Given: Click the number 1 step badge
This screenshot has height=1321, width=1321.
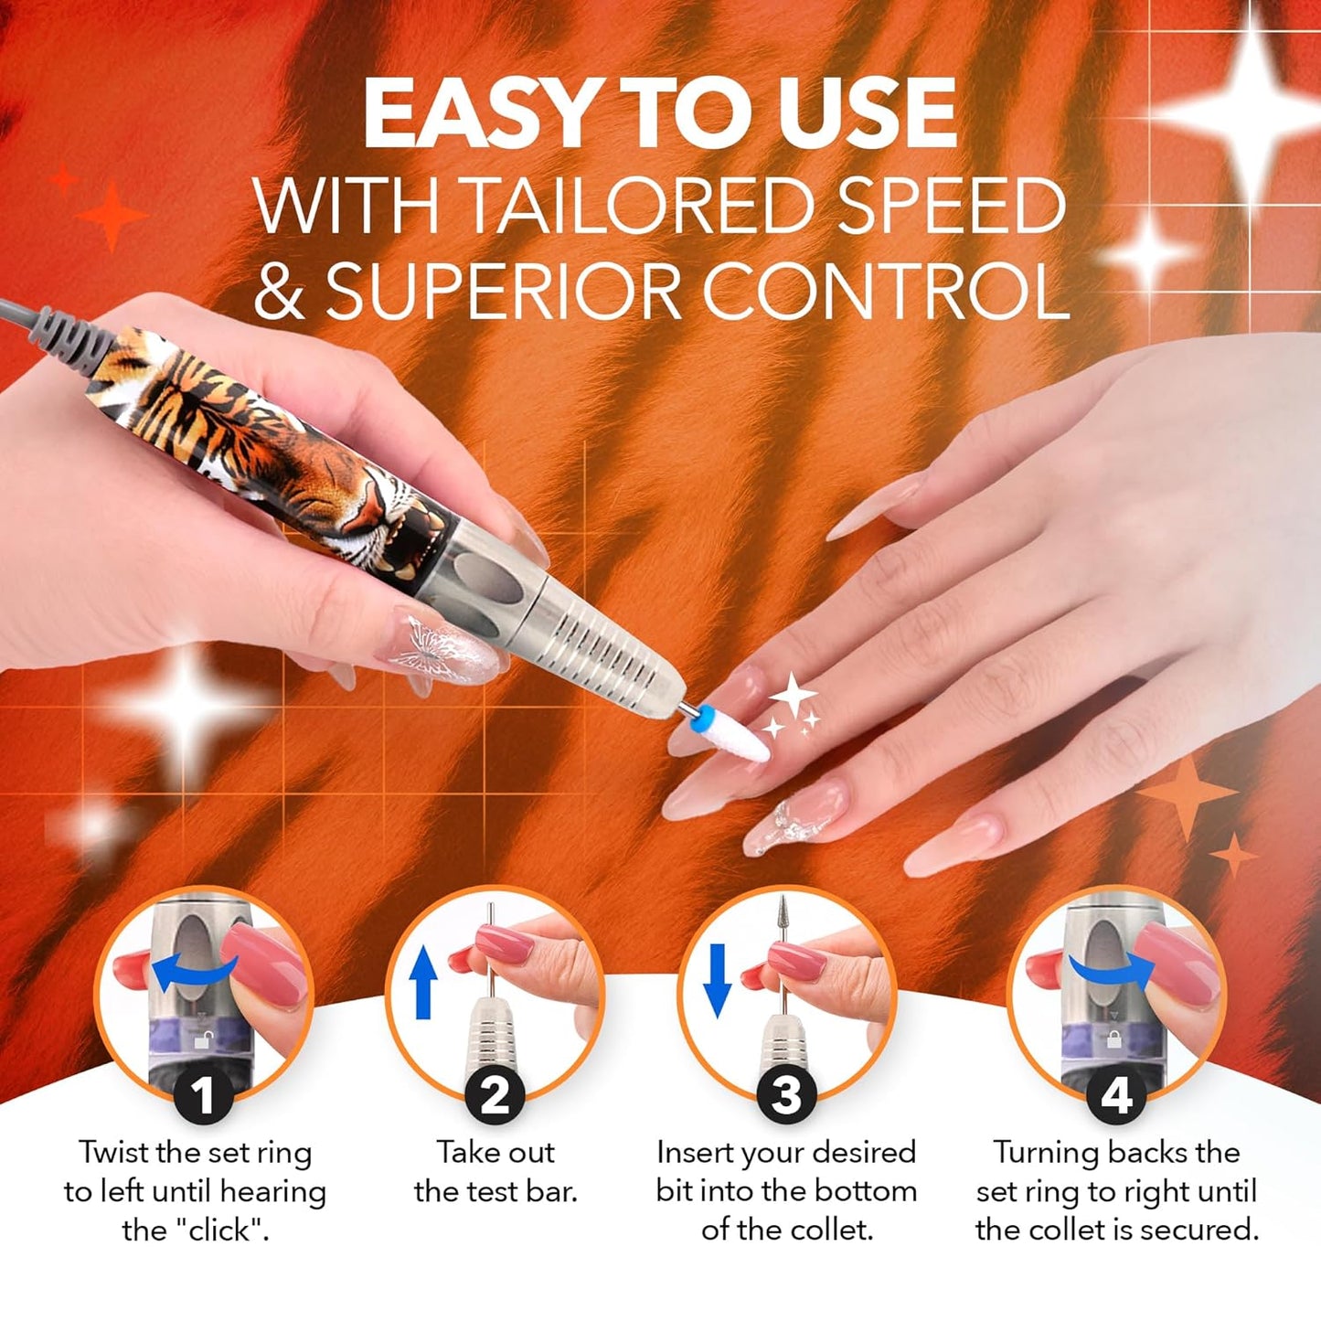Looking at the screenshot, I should pyautogui.click(x=203, y=1095).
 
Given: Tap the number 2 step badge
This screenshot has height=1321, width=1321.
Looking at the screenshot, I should pyautogui.click(x=495, y=1095).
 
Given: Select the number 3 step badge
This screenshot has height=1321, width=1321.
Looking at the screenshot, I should pyautogui.click(x=786, y=1095).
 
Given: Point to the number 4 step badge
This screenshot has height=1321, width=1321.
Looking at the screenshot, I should pyautogui.click(x=1116, y=1095).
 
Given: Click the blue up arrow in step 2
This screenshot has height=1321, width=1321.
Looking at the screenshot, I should pyautogui.click(x=422, y=982).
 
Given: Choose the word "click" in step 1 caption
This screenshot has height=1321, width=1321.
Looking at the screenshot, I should pyautogui.click(x=219, y=1230).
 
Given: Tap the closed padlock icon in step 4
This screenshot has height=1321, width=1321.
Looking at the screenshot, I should pyautogui.click(x=1113, y=1039).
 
